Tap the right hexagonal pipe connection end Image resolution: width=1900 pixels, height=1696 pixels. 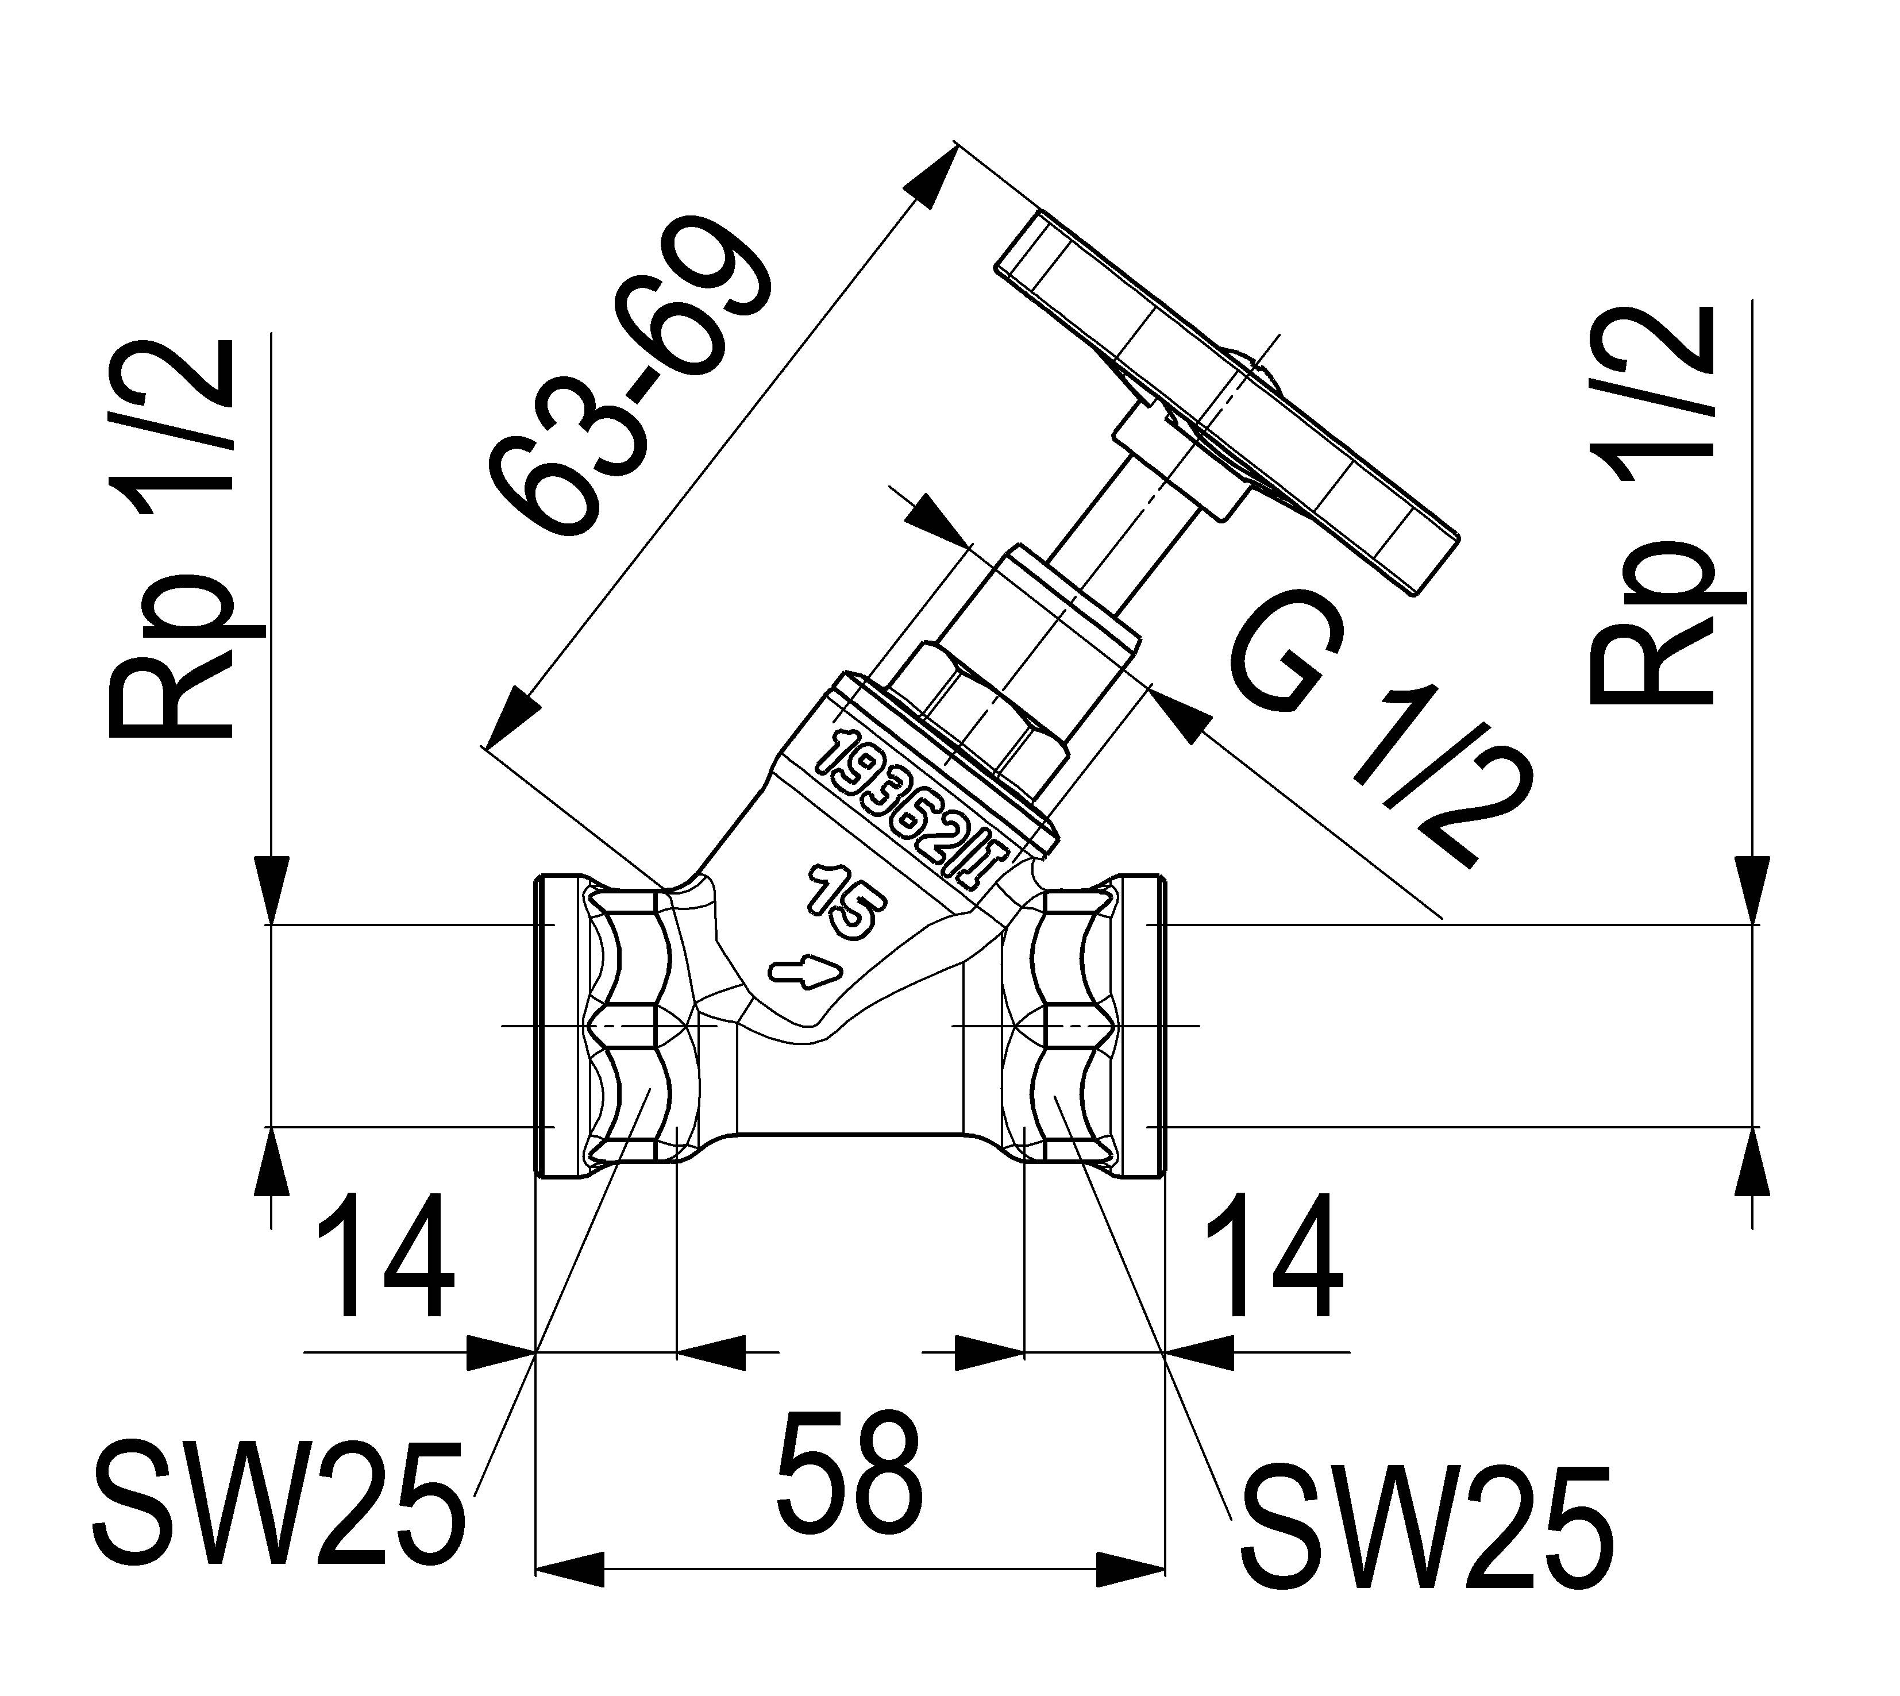point(1062,1025)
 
